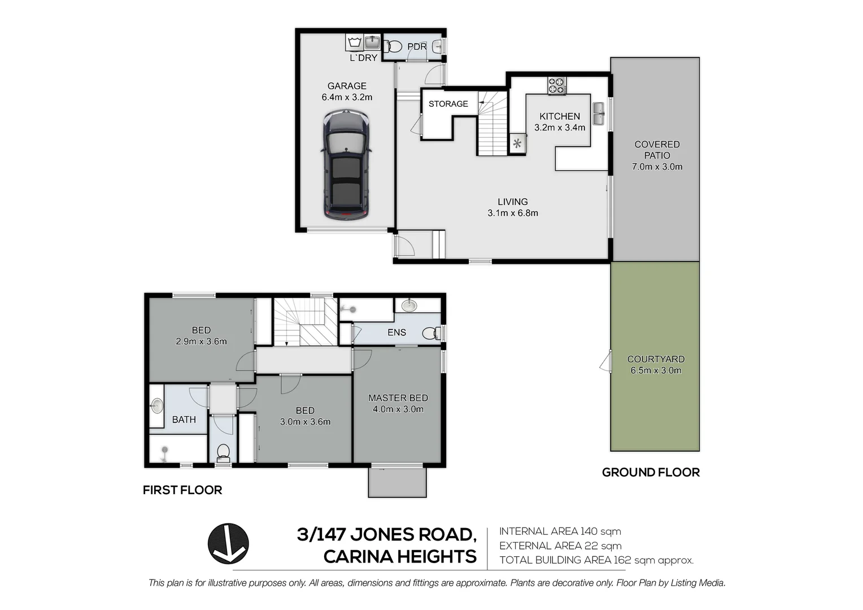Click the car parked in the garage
point(346,165)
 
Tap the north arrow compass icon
point(228,543)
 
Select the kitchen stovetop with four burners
point(556,85)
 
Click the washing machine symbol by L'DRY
point(355,42)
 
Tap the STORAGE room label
point(448,104)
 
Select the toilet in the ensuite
point(430,333)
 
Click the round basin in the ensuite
point(409,306)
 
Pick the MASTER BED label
point(398,398)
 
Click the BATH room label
point(184,420)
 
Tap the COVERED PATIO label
point(657,150)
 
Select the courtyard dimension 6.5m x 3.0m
point(656,371)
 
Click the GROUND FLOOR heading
point(651,472)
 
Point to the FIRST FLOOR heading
point(182,490)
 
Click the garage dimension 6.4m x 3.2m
point(347,97)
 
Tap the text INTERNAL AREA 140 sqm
point(560,531)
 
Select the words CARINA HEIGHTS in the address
point(400,556)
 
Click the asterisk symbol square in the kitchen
point(517,143)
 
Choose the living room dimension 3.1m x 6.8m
point(512,213)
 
